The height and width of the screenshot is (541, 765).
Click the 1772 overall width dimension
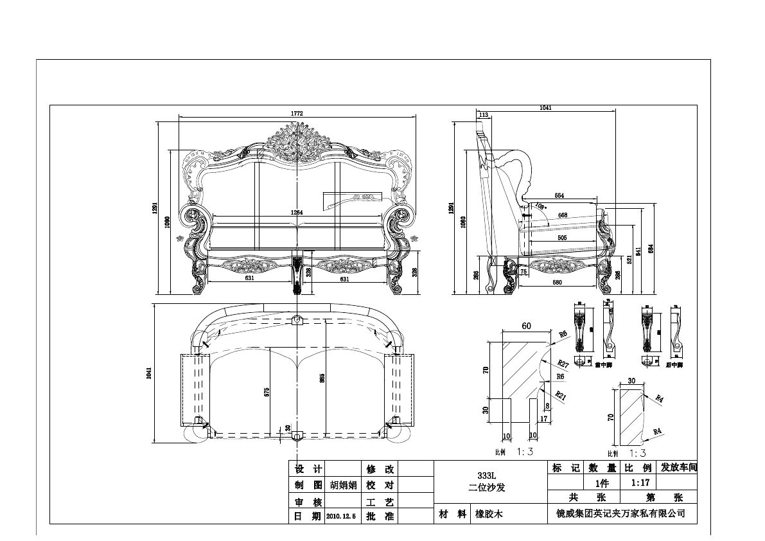(x=296, y=113)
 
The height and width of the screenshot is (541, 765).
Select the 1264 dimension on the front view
(x=297, y=212)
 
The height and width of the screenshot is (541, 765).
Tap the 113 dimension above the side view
(x=484, y=115)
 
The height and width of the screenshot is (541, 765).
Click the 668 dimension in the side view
(x=562, y=215)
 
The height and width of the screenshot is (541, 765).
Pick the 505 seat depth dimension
(x=562, y=238)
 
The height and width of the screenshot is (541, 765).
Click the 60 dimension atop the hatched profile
(x=526, y=326)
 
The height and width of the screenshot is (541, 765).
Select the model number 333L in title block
(x=487, y=475)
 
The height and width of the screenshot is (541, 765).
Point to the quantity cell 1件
(x=601, y=482)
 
